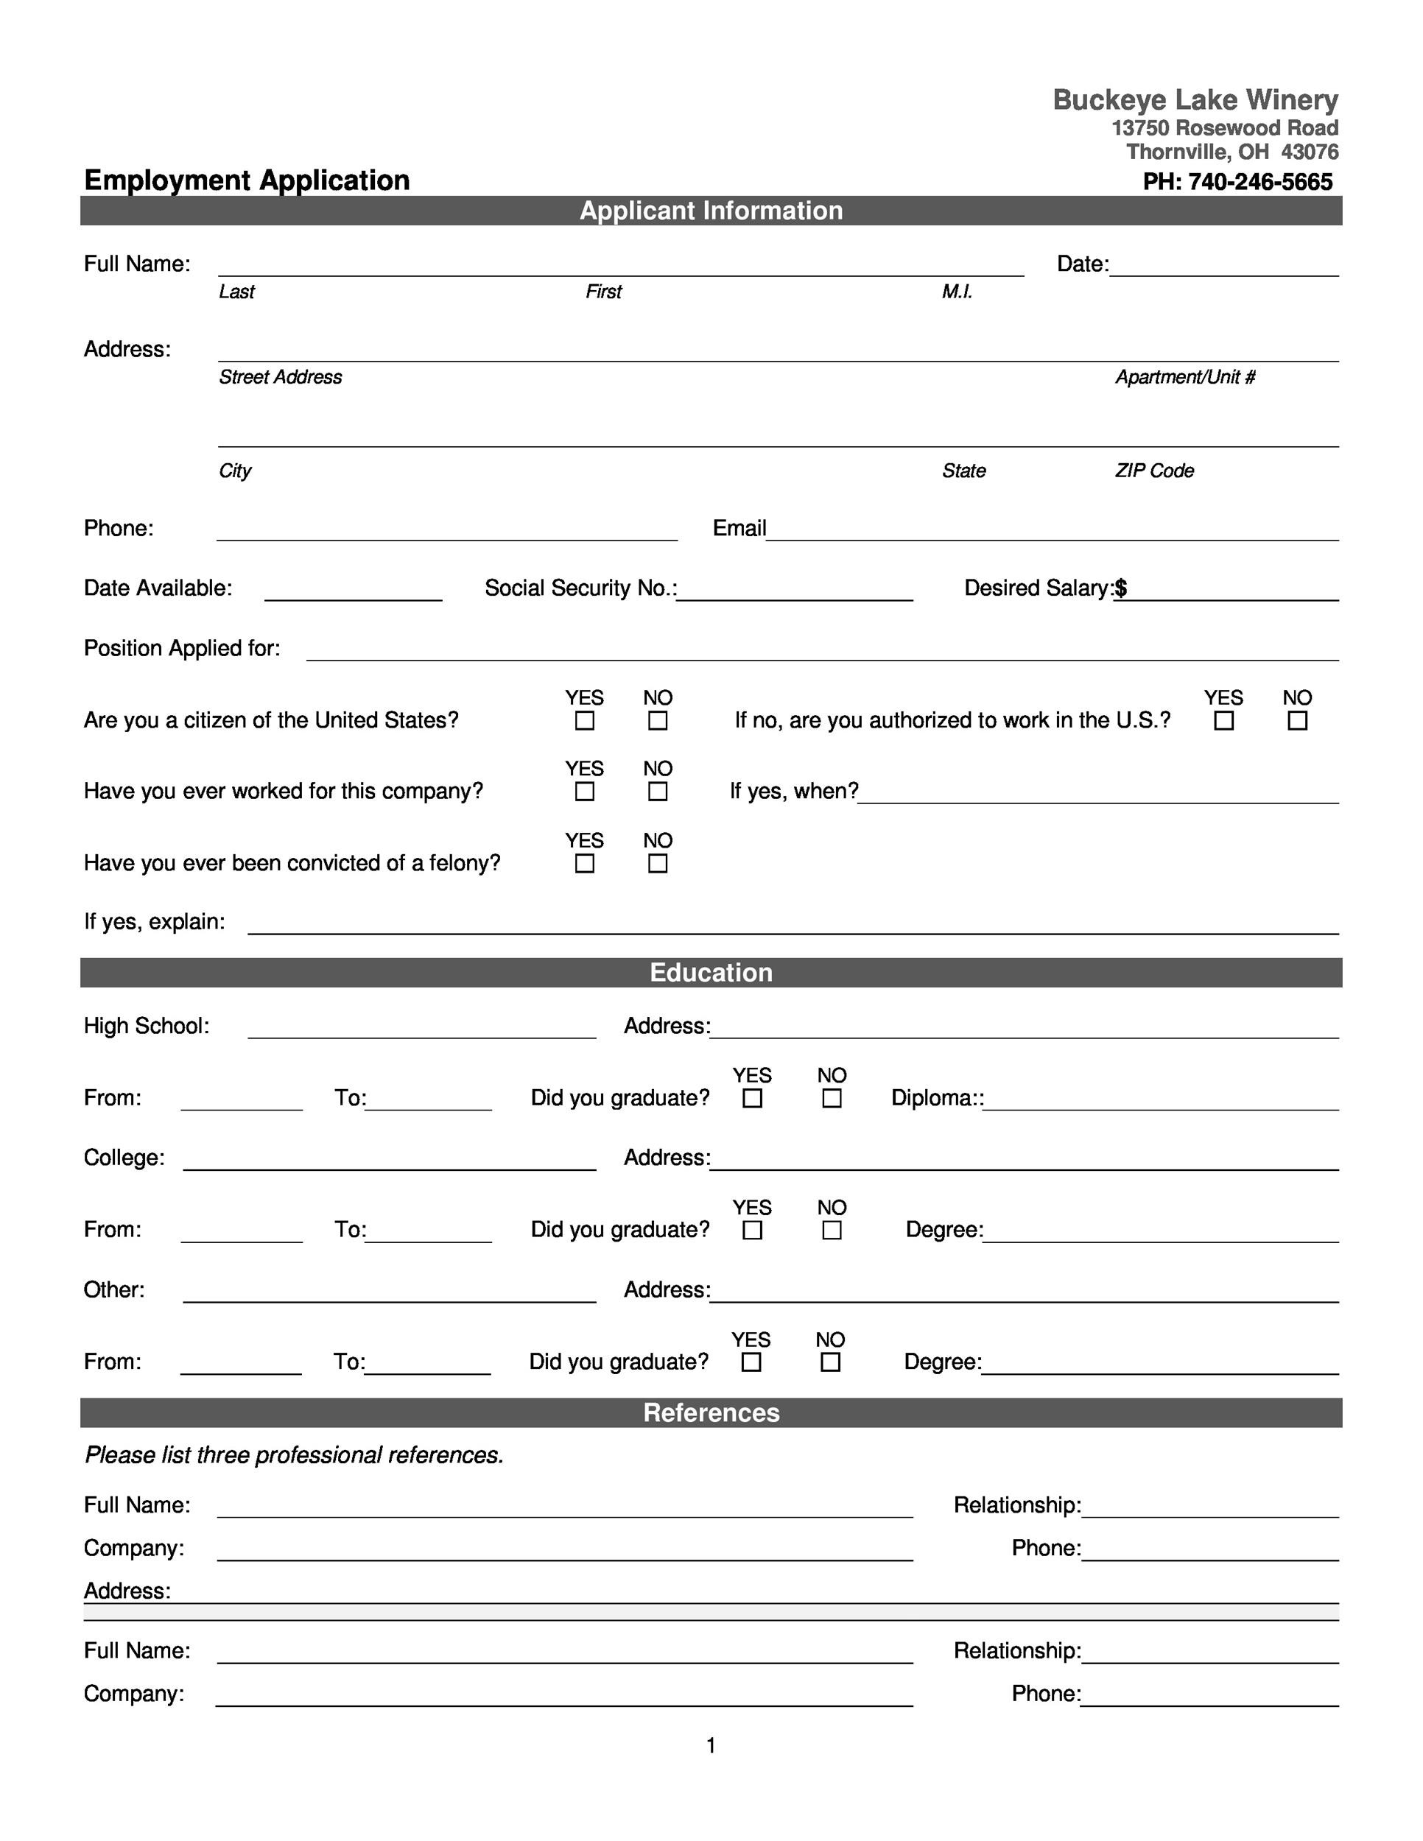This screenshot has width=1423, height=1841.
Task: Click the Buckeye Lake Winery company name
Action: [x=1195, y=99]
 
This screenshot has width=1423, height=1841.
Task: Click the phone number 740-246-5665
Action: [x=1259, y=182]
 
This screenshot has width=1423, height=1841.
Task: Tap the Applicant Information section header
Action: [x=711, y=211]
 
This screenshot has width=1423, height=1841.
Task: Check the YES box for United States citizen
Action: [x=584, y=721]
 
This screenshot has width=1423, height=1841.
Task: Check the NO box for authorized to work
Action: [x=1297, y=721]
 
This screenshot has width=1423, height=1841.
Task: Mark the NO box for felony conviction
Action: [x=658, y=863]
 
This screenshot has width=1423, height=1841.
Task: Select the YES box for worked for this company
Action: [x=584, y=792]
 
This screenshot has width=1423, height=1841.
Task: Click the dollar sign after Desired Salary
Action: [x=1120, y=588]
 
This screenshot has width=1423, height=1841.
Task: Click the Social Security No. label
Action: [x=580, y=588]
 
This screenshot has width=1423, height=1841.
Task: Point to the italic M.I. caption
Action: [x=957, y=292]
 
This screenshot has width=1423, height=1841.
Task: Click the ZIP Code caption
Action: [x=1154, y=471]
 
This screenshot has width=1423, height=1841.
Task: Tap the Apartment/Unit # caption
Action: [x=1185, y=377]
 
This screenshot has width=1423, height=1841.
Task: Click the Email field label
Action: [x=739, y=529]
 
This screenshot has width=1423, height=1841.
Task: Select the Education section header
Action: [x=711, y=972]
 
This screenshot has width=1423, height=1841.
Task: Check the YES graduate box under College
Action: [x=752, y=1230]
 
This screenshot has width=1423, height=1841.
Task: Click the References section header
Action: [x=711, y=1412]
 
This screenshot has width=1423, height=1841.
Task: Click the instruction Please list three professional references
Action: [x=294, y=1455]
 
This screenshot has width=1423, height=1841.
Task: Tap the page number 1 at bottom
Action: [x=711, y=1745]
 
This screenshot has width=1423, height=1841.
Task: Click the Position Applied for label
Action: [x=182, y=648]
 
